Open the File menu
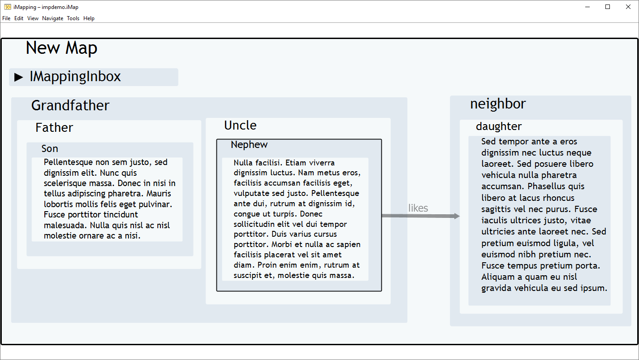click(x=6, y=18)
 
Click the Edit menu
click(x=19, y=18)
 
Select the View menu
click(x=33, y=18)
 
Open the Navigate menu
click(x=53, y=18)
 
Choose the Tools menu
click(x=73, y=18)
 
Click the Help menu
click(x=89, y=18)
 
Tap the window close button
click(x=628, y=7)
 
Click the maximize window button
click(x=608, y=7)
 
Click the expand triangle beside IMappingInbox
click(x=18, y=77)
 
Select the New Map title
click(x=61, y=48)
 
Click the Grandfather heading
click(x=70, y=105)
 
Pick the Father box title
click(x=54, y=127)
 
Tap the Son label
click(x=50, y=148)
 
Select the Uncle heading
click(x=240, y=126)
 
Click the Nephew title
click(x=249, y=144)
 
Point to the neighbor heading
click(x=498, y=104)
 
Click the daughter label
click(x=499, y=126)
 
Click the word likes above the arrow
click(x=418, y=208)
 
